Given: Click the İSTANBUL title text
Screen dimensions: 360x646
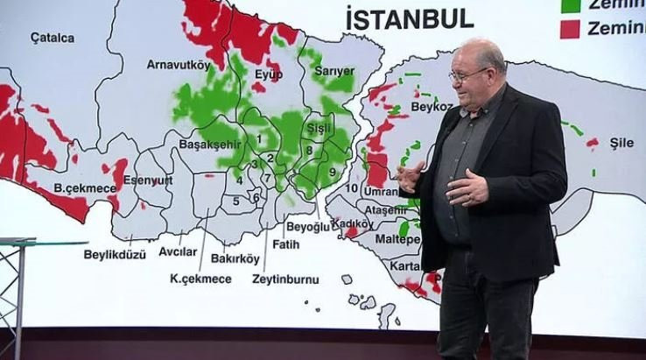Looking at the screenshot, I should [x=410, y=18].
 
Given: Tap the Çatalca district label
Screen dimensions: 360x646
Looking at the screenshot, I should [x=53, y=38].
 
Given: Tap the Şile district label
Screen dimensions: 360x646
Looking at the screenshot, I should [x=621, y=143].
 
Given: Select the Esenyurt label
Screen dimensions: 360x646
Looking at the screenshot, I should [x=147, y=180].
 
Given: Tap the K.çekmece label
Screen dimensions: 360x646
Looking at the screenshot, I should [x=200, y=279].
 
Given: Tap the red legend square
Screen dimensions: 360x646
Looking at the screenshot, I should [x=570, y=28].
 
